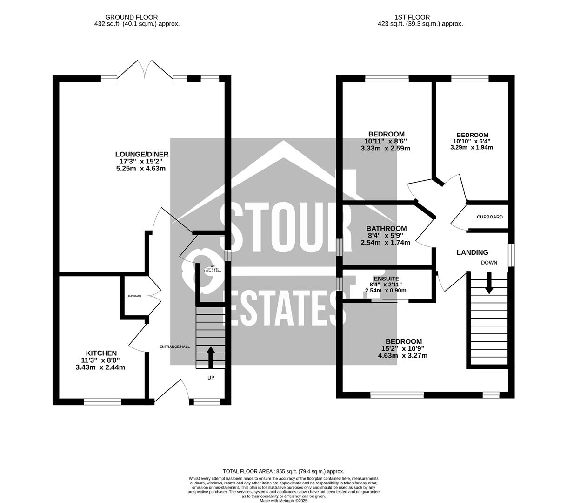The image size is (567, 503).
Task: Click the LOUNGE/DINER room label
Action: (141, 154)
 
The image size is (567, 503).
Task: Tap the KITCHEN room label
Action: (101, 353)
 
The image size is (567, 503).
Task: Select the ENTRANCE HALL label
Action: (174, 347)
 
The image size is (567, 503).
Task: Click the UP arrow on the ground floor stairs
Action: (210, 357)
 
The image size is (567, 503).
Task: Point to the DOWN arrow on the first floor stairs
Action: (488, 283)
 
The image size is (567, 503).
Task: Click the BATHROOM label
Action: (386, 229)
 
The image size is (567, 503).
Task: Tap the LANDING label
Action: (472, 252)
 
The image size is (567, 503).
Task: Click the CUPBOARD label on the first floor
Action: (489, 217)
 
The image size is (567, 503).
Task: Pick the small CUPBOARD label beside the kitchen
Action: (134, 296)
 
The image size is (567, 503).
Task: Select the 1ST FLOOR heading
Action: (405, 17)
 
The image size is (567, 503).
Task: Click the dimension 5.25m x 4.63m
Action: (141, 169)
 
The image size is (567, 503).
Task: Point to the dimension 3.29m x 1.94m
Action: (472, 147)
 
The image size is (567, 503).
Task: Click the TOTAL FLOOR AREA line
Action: (283, 471)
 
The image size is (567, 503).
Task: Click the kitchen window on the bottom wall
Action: (102, 401)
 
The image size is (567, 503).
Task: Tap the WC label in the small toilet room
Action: (212, 267)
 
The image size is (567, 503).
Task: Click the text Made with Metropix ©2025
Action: (283, 501)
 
